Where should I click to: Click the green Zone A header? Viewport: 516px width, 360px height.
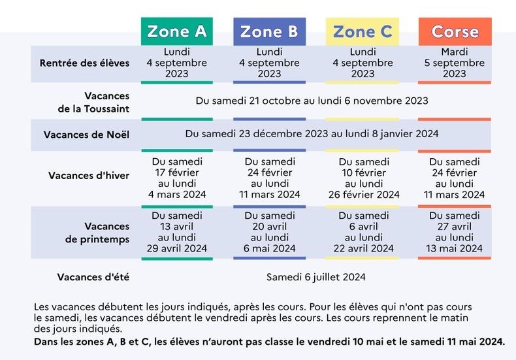176,31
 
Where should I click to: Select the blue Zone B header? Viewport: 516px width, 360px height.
269,31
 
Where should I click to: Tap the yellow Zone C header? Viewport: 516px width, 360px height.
363,31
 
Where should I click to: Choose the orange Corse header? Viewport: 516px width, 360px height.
455,31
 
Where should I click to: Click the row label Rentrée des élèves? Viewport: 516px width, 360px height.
84,63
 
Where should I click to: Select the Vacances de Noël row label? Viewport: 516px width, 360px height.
86,135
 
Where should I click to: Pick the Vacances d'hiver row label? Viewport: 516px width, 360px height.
89,175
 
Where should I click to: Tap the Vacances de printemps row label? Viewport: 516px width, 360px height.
97,233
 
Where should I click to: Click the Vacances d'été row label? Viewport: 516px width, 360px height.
93,277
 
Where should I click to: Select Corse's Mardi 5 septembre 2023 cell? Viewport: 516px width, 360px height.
455,63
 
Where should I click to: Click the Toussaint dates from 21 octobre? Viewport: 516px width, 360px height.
312,101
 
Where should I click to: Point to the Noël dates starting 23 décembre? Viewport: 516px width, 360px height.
312,133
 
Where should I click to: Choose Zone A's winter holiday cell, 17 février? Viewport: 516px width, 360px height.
177,178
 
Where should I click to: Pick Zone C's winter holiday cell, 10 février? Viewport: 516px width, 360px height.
363,178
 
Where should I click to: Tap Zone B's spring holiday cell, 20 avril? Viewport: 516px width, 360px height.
270,232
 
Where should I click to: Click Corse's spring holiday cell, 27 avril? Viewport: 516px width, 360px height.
455,232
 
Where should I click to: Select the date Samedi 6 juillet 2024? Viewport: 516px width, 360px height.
315,277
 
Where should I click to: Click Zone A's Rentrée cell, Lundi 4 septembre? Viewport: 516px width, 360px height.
176,63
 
